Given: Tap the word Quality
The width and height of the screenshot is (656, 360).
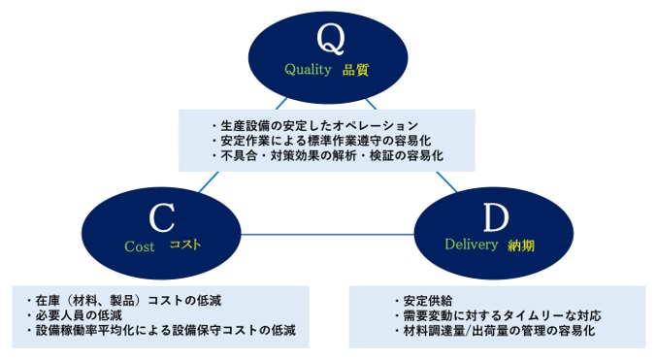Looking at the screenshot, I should (x=308, y=70).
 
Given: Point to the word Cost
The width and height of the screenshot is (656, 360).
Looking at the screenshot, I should (x=140, y=246).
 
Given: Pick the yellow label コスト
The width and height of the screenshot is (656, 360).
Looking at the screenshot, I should (x=185, y=245).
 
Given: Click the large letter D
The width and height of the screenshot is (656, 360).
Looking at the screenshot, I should (x=495, y=215).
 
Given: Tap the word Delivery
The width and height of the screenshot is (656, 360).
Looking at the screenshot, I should (x=471, y=246).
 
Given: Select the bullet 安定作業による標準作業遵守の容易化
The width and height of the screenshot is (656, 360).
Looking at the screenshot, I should (x=319, y=141).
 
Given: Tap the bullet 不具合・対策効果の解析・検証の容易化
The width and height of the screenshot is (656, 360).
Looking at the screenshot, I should (x=325, y=155).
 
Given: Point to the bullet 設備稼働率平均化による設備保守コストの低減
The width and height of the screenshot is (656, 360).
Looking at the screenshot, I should (x=160, y=330).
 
